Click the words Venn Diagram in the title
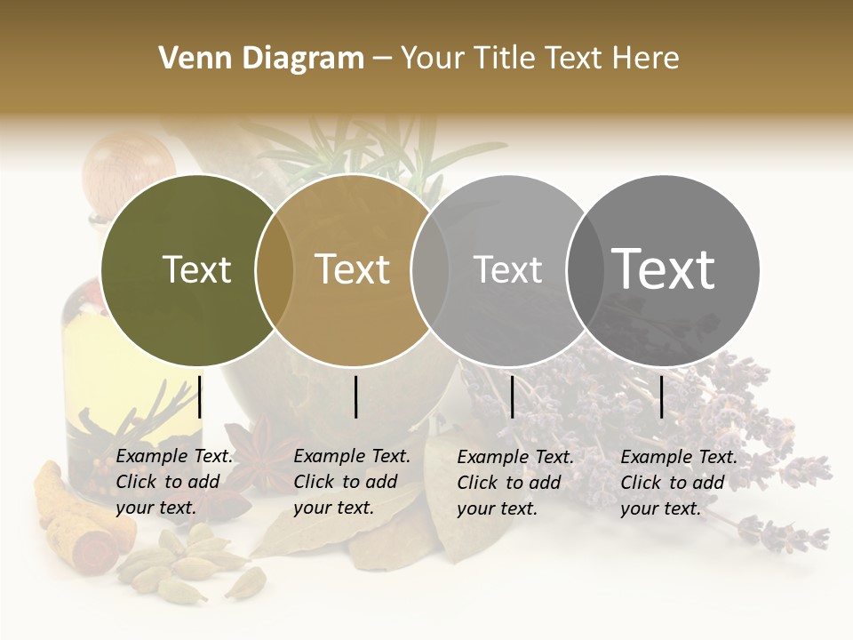click(261, 59)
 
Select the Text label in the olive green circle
click(196, 269)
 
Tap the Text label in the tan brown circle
click(352, 269)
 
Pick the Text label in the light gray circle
click(507, 269)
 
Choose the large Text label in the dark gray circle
click(663, 269)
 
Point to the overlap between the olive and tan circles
click(275, 269)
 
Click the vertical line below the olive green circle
click(200, 396)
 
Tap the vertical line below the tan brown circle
click(355, 396)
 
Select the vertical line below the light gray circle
click(512, 396)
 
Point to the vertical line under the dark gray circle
click(661, 396)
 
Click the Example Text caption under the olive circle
click(173, 482)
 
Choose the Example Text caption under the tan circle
click(351, 482)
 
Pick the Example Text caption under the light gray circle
click(514, 482)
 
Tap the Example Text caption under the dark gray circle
click(678, 482)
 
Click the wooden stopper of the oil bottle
click(129, 166)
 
